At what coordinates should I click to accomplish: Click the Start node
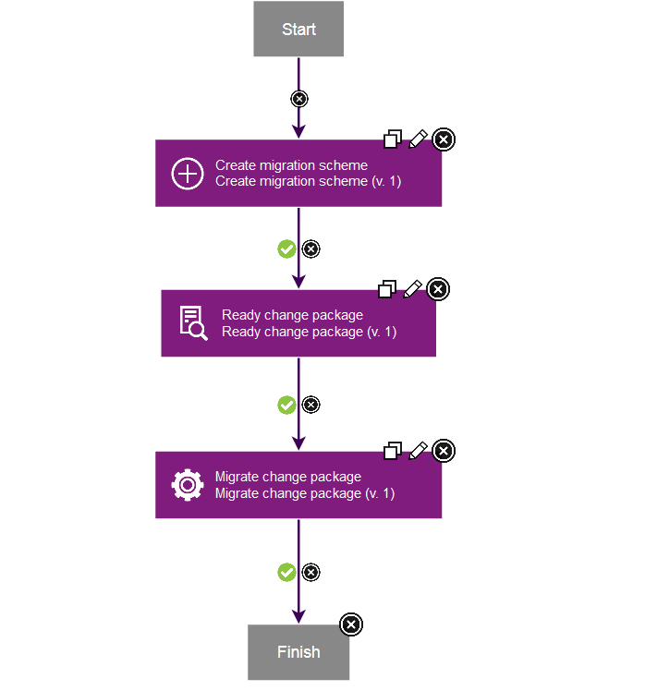298,30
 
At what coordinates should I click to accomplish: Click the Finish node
298,652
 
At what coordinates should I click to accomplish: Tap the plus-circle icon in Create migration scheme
188,174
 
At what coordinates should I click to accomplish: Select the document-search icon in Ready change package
192,323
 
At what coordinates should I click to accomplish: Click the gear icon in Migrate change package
188,485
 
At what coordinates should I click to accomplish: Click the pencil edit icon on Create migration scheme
419,139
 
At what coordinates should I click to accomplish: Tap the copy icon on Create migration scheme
393,139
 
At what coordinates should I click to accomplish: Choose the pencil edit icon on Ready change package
413,289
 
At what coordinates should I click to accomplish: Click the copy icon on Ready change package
387,290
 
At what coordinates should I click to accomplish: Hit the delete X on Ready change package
439,289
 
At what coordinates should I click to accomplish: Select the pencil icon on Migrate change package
419,450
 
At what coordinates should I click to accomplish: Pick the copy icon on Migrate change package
393,451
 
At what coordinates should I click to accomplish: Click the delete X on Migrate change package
444,451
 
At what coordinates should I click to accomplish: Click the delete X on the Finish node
351,624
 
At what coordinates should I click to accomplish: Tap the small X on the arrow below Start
298,99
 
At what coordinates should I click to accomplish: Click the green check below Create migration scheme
286,249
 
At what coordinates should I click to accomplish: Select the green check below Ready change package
286,405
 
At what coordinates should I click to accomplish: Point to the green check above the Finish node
286,573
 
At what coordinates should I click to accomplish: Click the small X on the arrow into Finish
311,573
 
